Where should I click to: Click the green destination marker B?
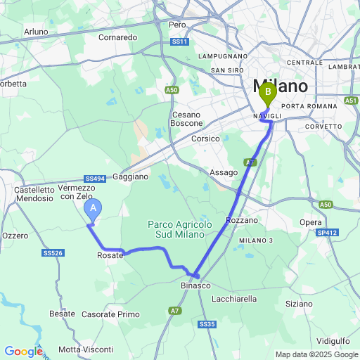(x=267, y=92)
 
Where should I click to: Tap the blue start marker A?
(x=93, y=209)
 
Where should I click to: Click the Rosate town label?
(x=110, y=255)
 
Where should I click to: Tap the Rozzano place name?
(x=242, y=220)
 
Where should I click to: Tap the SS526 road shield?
(x=53, y=252)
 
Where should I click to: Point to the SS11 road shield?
(x=181, y=42)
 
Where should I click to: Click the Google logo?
(x=22, y=352)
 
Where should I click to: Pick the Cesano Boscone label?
(x=186, y=119)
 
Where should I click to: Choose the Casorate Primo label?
(x=111, y=314)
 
